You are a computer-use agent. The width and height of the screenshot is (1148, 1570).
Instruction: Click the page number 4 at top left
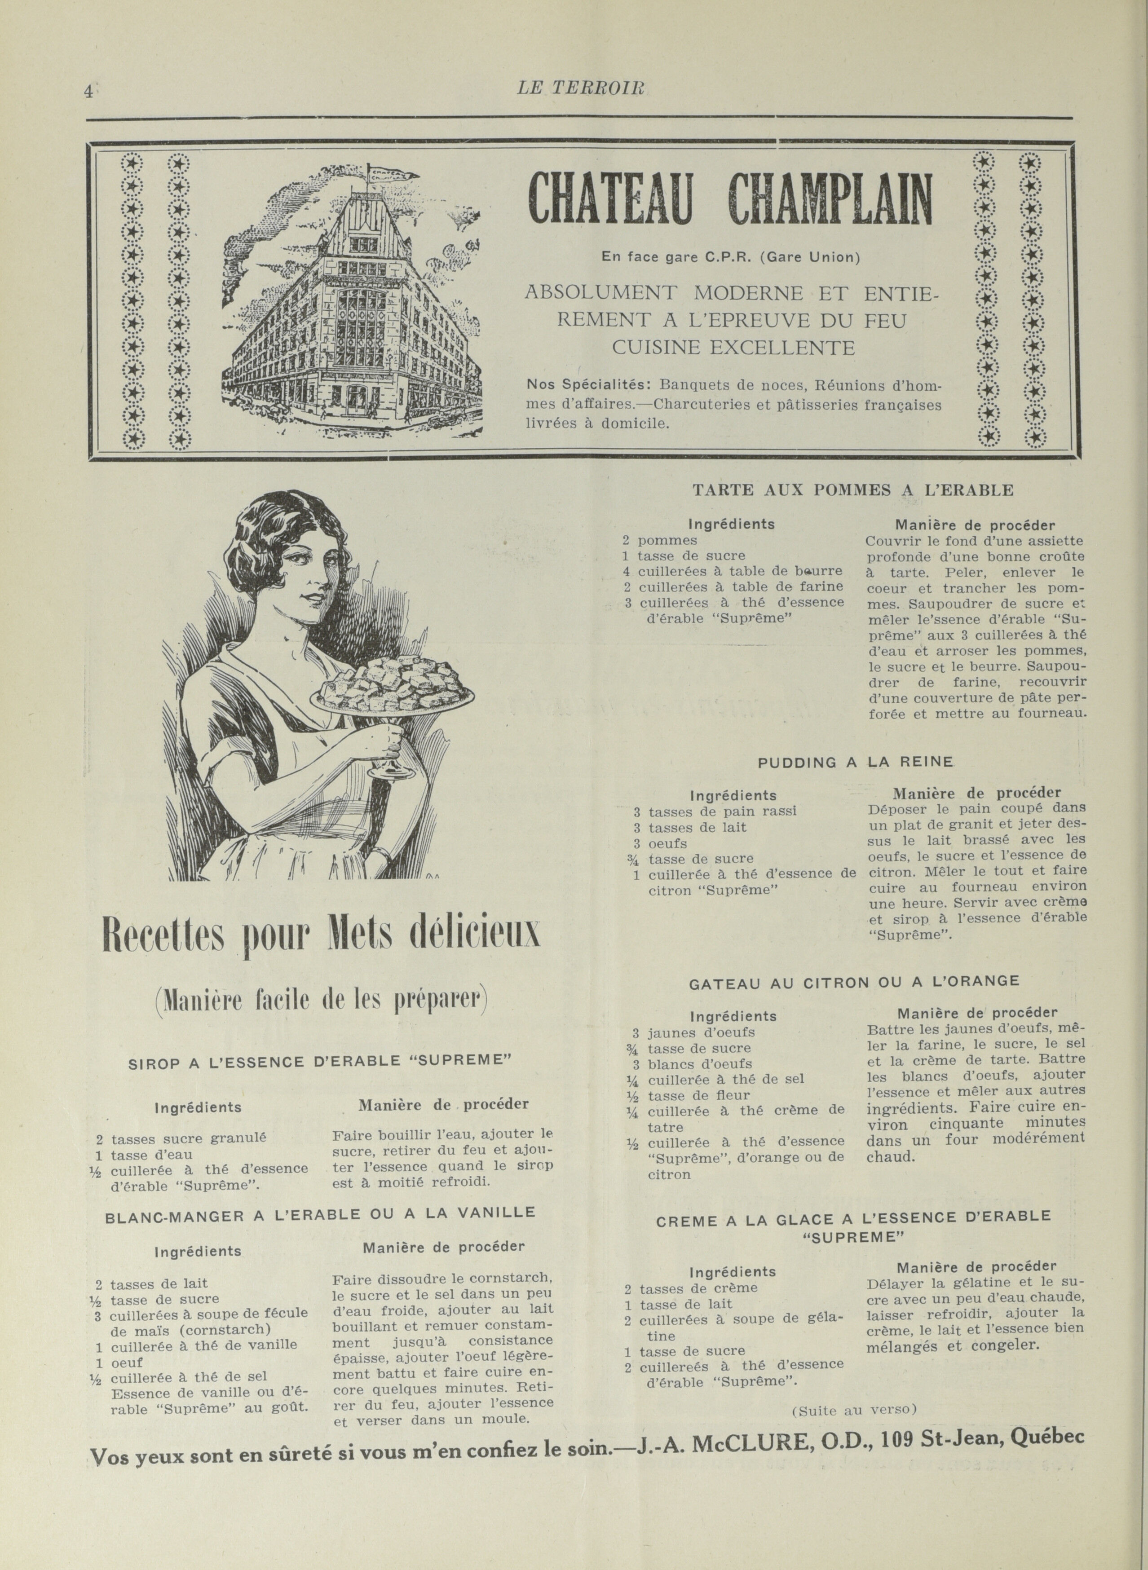coord(88,91)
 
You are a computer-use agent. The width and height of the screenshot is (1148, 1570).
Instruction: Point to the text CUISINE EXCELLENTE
coord(733,347)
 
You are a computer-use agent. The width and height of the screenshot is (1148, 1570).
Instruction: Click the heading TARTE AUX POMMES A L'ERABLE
coord(852,490)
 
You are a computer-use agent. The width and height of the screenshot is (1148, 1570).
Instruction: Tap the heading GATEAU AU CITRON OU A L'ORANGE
coord(854,982)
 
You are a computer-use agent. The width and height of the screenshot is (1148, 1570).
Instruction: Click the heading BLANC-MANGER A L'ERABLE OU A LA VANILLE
coord(320,1213)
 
